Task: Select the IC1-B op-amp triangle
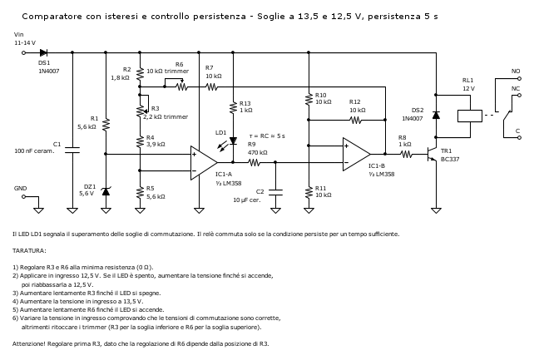tap(356, 153)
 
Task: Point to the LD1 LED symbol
tap(233, 141)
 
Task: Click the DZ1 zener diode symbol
tap(105, 191)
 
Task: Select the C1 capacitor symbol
tap(72, 150)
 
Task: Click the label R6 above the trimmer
tap(179, 63)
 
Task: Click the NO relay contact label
tap(516, 72)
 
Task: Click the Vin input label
tap(19, 34)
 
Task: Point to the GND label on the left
tap(21, 188)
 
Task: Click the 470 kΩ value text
tap(257, 153)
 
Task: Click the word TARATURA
tap(30, 249)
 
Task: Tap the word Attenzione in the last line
tap(29, 343)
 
